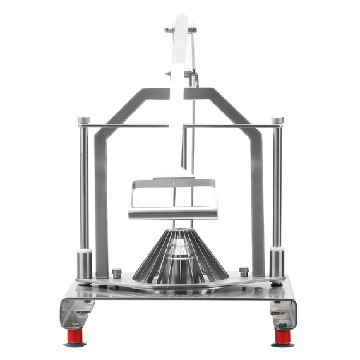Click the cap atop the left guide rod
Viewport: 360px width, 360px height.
pyautogui.click(x=84, y=120)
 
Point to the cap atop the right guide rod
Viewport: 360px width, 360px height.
pyautogui.click(x=277, y=120)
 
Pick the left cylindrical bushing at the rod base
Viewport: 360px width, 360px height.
pyautogui.click(x=85, y=263)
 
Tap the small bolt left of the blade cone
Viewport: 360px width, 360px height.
pyautogui.click(x=117, y=273)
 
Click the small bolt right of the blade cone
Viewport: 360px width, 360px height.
pyautogui.click(x=244, y=272)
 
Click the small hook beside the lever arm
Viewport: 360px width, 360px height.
pyautogui.click(x=196, y=79)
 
